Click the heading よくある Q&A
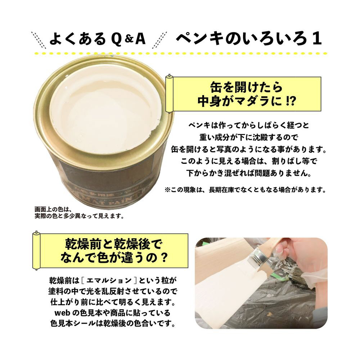98,39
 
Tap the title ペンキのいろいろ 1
249,39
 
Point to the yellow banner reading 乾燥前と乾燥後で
110,251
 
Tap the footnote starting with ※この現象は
245,190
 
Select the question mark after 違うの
164,258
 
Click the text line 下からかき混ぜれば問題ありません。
249,173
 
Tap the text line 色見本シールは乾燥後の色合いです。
113,323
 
